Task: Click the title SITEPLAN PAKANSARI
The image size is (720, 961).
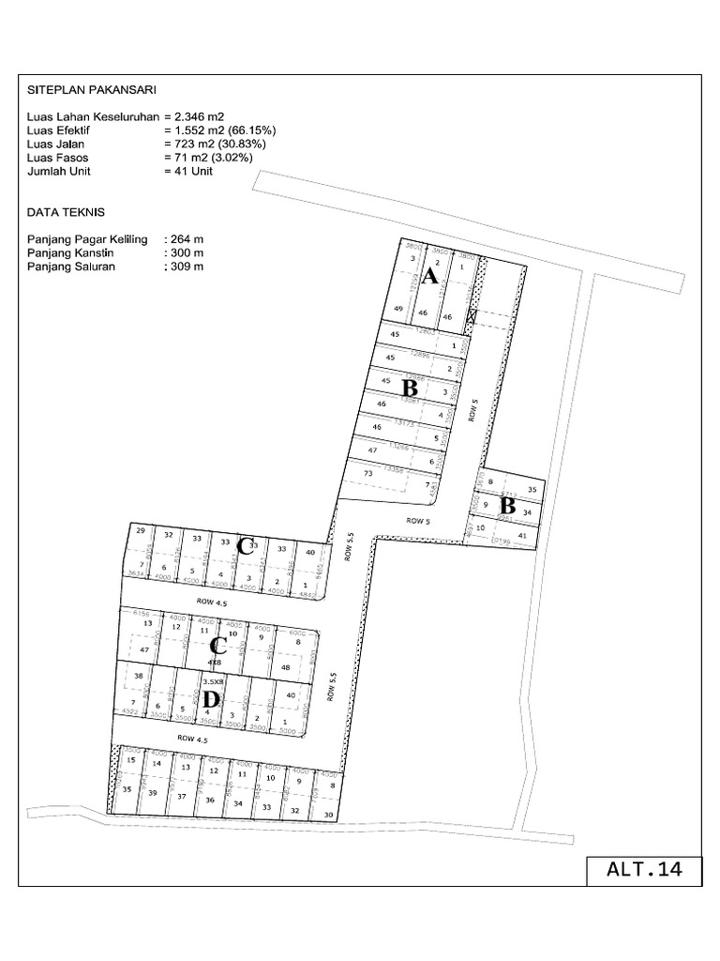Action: [91, 90]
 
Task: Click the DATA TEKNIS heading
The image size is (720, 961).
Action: [65, 213]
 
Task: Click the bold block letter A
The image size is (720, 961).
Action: [430, 277]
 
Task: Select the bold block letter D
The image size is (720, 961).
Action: [211, 699]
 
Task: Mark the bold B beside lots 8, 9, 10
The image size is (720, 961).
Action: [507, 505]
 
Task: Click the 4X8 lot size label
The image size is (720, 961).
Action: [214, 662]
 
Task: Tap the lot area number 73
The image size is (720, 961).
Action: [367, 474]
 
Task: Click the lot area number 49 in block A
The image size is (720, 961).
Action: [398, 310]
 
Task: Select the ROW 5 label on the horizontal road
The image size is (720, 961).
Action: [418, 519]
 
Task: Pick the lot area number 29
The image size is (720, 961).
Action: [141, 532]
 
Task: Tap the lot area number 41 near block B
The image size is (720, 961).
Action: [523, 535]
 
